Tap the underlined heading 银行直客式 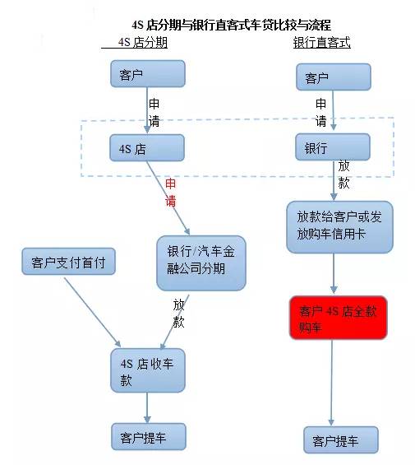(x=321, y=43)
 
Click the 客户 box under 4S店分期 (x=148, y=74)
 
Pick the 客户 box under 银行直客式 (x=334, y=78)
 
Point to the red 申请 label (x=171, y=192)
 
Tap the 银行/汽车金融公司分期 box (x=201, y=263)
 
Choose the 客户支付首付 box (x=68, y=263)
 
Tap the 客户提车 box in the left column (x=148, y=437)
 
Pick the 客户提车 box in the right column (x=341, y=441)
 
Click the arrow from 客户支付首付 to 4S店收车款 (x=90, y=311)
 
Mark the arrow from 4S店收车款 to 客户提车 (x=148, y=407)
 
